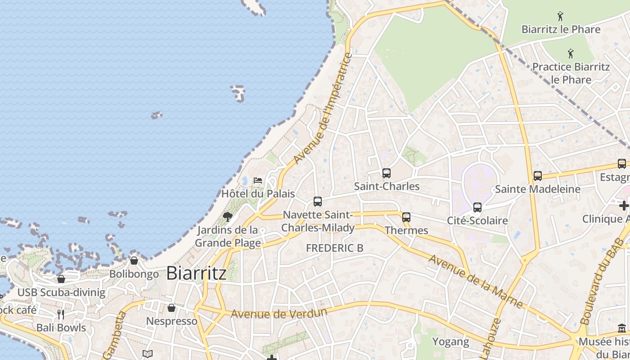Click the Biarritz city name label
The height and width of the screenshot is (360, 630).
[196, 273]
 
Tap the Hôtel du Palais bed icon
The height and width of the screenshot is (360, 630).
[258, 180]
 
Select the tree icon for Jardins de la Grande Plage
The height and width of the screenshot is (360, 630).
[228, 217]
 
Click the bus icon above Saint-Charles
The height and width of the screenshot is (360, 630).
[386, 173]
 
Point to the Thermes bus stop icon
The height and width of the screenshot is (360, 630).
[406, 217]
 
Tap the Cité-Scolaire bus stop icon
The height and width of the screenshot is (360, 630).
[477, 207]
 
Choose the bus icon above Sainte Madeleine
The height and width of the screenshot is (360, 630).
[538, 175]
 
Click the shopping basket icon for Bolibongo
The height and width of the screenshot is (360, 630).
[134, 261]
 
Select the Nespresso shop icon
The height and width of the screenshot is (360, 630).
[171, 308]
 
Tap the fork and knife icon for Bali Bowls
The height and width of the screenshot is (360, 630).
[61, 314]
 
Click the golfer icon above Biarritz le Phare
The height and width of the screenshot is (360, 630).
[560, 17]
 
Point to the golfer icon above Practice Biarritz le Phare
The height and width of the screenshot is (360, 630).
[571, 54]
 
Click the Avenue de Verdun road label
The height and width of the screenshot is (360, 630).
[279, 313]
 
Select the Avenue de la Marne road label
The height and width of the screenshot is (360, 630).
[475, 282]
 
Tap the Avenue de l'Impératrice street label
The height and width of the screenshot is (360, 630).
[322, 109]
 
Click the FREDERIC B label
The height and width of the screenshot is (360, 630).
[334, 248]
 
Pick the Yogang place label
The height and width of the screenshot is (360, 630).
[450, 342]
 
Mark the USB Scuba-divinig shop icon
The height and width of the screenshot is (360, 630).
[61, 279]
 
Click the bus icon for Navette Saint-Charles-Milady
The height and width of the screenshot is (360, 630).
[318, 201]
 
